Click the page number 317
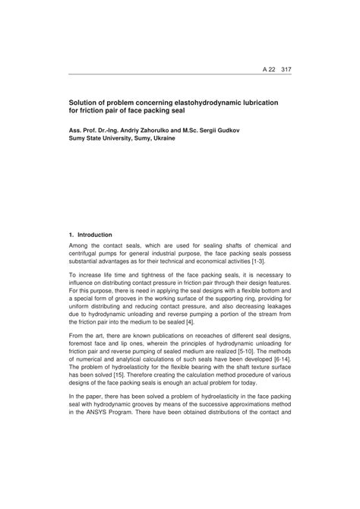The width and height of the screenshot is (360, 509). click(x=286, y=69)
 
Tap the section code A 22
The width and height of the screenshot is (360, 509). click(x=267, y=69)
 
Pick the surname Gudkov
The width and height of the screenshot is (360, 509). click(x=273, y=130)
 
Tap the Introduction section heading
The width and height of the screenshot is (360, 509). click(x=94, y=236)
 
